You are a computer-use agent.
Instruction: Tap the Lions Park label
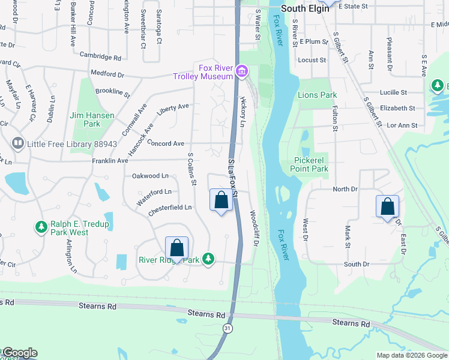click(317, 95)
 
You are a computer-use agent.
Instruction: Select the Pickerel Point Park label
click(311, 164)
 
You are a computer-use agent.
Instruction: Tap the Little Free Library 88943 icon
click(17, 143)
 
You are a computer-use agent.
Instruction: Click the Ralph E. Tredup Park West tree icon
click(41, 227)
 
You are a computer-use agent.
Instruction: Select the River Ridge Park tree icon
click(208, 259)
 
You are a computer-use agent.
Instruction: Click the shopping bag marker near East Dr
click(387, 206)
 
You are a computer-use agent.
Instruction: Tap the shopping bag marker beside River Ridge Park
click(176, 247)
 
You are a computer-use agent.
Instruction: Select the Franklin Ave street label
click(110, 161)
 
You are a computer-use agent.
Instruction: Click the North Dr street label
click(345, 189)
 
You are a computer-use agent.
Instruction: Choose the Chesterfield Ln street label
click(171, 207)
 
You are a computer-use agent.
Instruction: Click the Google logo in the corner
click(19, 353)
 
